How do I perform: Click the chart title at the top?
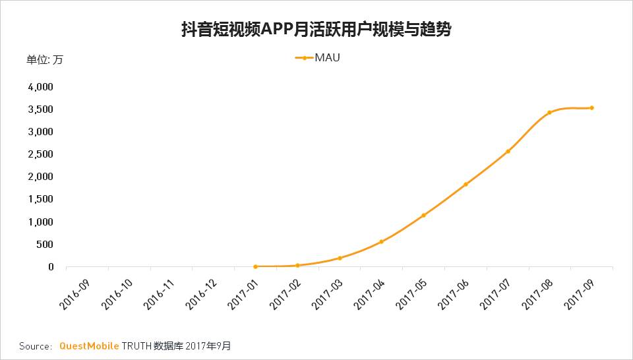point(316,30)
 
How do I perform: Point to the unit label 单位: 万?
point(45,60)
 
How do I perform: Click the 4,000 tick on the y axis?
point(41,86)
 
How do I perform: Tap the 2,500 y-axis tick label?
point(41,154)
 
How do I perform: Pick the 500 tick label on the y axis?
point(45,245)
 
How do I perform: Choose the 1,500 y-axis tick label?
point(41,199)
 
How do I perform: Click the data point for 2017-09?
point(591,107)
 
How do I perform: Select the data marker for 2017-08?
point(549,113)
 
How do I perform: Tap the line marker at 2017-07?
point(508,152)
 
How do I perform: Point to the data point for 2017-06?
point(466,185)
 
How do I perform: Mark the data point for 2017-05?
point(423,216)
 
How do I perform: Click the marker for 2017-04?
point(381,242)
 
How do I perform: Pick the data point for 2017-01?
point(255,266)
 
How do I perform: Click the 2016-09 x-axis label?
point(75,291)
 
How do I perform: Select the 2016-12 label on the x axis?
point(200,291)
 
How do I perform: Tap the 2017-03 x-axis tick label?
point(326,291)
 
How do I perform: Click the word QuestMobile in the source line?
point(89,345)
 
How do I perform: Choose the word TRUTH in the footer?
point(136,345)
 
